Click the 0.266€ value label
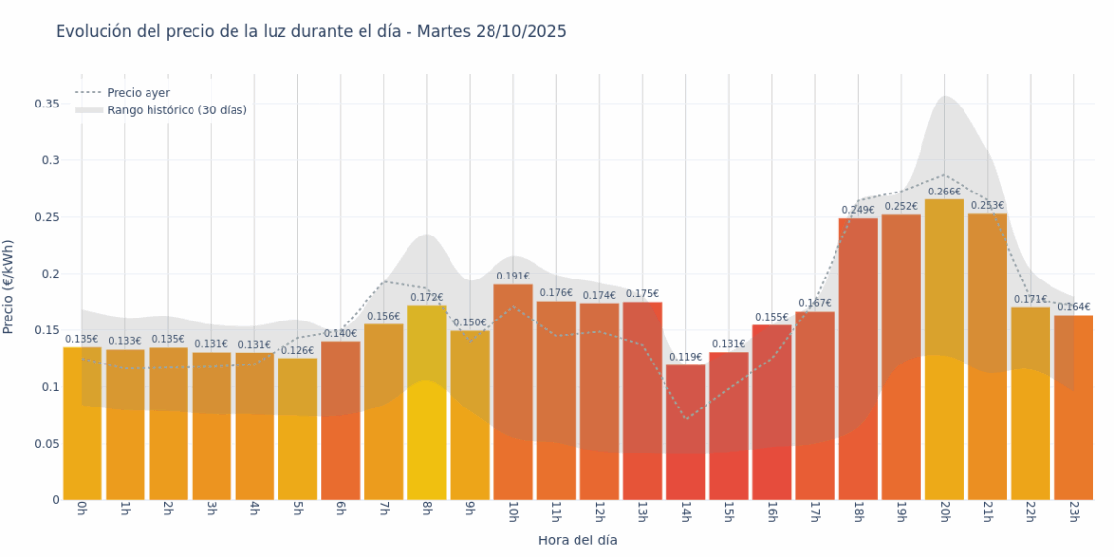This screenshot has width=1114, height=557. tap(944, 192)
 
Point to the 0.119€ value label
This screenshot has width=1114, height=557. tap(686, 358)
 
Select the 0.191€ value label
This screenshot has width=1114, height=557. tap(513, 277)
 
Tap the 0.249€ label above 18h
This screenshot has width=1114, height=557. tap(858, 210)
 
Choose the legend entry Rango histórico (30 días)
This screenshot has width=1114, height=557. tap(177, 110)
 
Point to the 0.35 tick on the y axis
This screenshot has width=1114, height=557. tap(47, 104)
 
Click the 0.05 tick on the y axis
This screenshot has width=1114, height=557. tap(47, 444)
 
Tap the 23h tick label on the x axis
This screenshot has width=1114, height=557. tap(1074, 513)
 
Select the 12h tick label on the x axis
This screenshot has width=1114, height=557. tap(599, 513)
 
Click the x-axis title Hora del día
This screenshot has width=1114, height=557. tap(578, 539)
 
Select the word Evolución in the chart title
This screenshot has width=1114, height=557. tap(94, 32)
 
